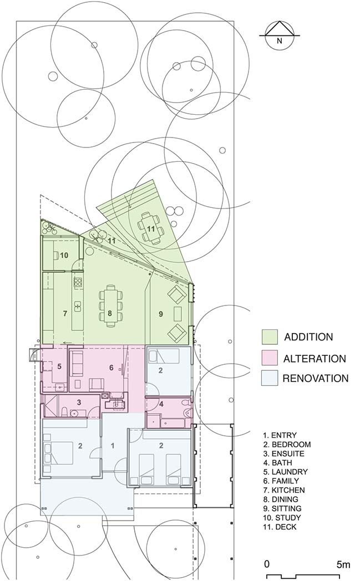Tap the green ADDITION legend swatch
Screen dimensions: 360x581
coord(270,337)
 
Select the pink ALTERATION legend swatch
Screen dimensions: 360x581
coord(270,358)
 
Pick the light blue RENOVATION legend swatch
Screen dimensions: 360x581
coord(270,378)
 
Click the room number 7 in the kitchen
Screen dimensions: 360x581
coord(65,313)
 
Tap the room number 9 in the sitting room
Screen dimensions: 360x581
coord(160,314)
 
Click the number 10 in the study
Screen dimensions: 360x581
coord(64,256)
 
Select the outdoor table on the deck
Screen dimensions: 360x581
coord(150,228)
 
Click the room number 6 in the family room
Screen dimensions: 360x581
coord(111,368)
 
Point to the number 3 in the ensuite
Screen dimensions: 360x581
coord(79,402)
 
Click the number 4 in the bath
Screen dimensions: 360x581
coord(161,404)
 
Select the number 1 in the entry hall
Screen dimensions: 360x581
coord(113,446)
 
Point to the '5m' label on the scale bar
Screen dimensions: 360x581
coord(343,565)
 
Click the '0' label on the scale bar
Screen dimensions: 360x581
coord(267,565)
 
